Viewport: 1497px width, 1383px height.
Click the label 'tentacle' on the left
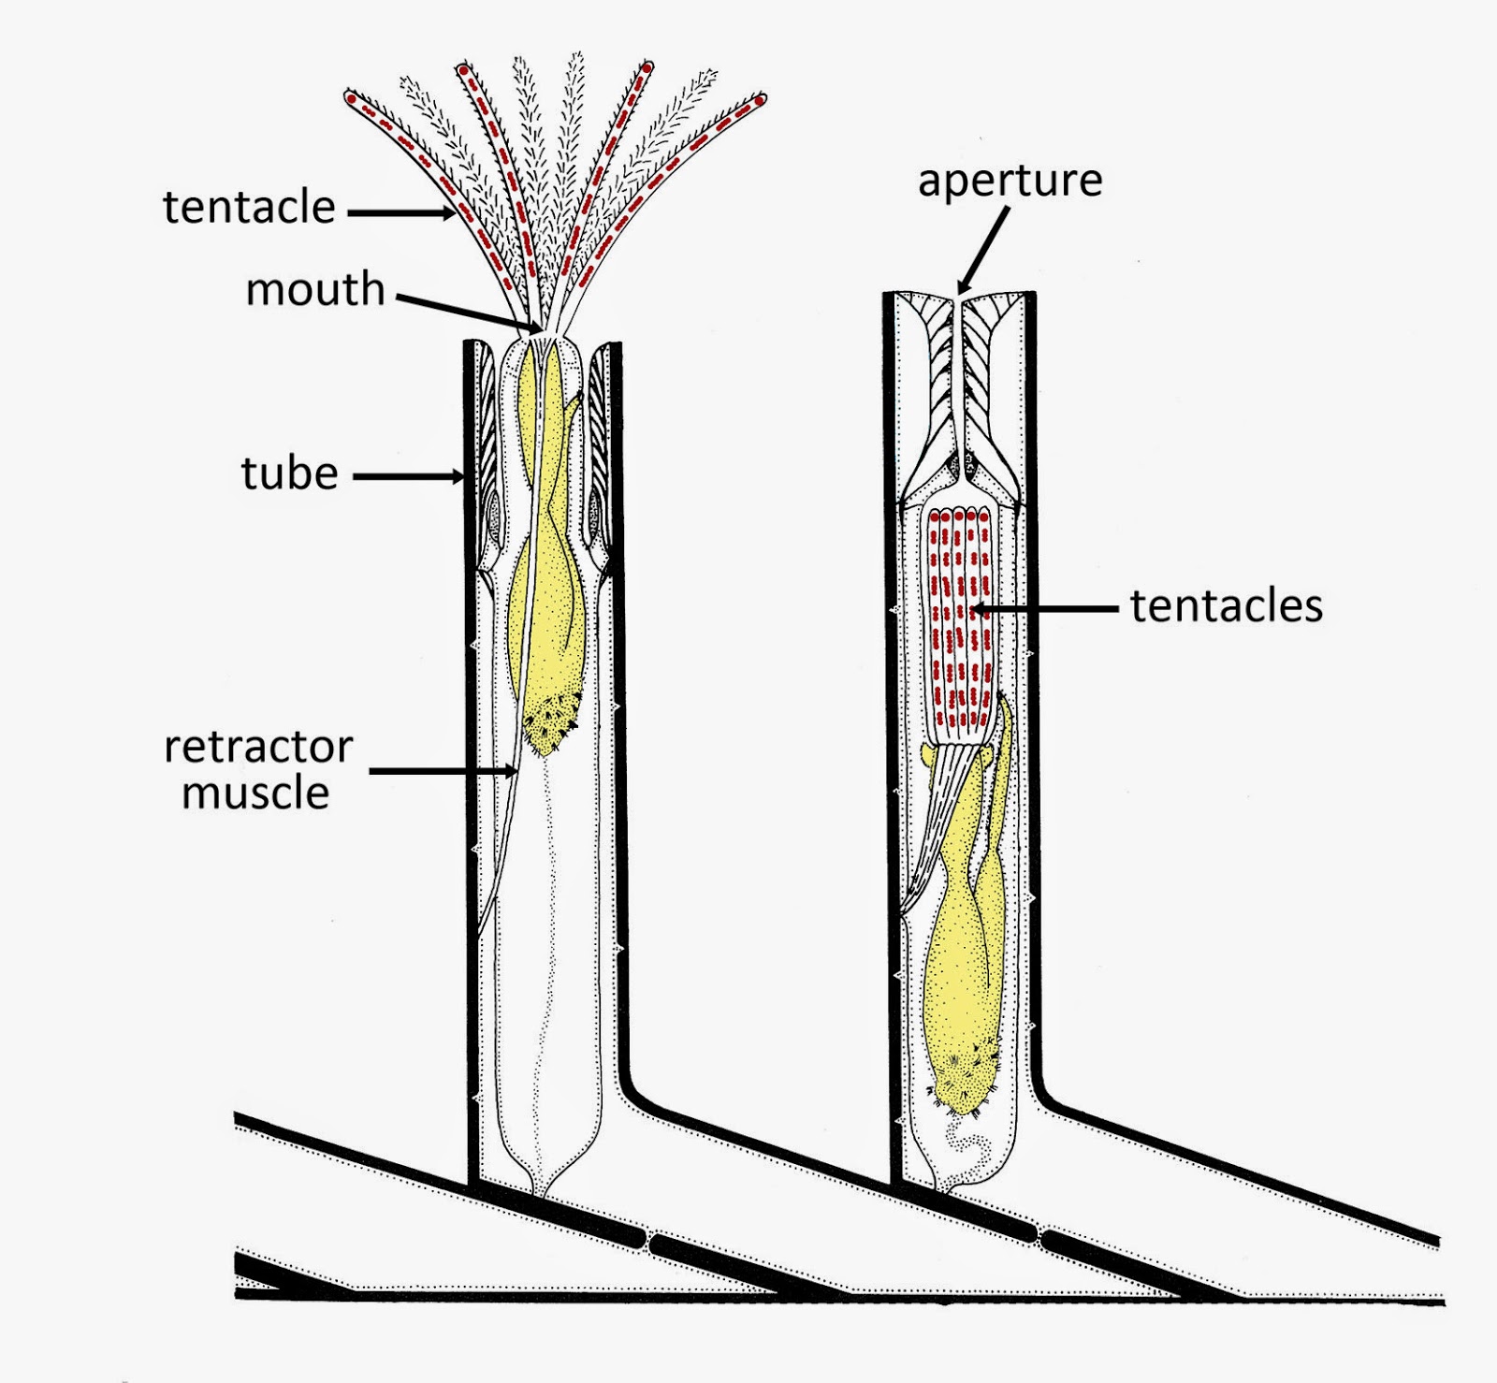pos(249,207)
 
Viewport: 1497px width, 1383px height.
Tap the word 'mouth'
pos(315,289)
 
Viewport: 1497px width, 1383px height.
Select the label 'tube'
pos(289,473)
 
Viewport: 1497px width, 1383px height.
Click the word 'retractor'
pos(258,747)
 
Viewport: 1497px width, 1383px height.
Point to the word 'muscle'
pos(255,793)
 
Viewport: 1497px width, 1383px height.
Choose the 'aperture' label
pos(1010,181)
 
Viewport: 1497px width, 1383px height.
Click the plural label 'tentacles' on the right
pos(1227,605)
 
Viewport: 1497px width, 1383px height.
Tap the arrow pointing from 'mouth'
pos(468,313)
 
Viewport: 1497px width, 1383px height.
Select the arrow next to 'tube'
pos(412,477)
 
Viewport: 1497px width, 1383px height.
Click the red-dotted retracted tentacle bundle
pos(957,618)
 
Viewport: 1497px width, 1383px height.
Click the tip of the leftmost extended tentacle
pos(351,97)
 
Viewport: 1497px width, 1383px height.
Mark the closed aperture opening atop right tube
pos(959,300)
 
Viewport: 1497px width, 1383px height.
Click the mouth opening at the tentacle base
pos(538,329)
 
